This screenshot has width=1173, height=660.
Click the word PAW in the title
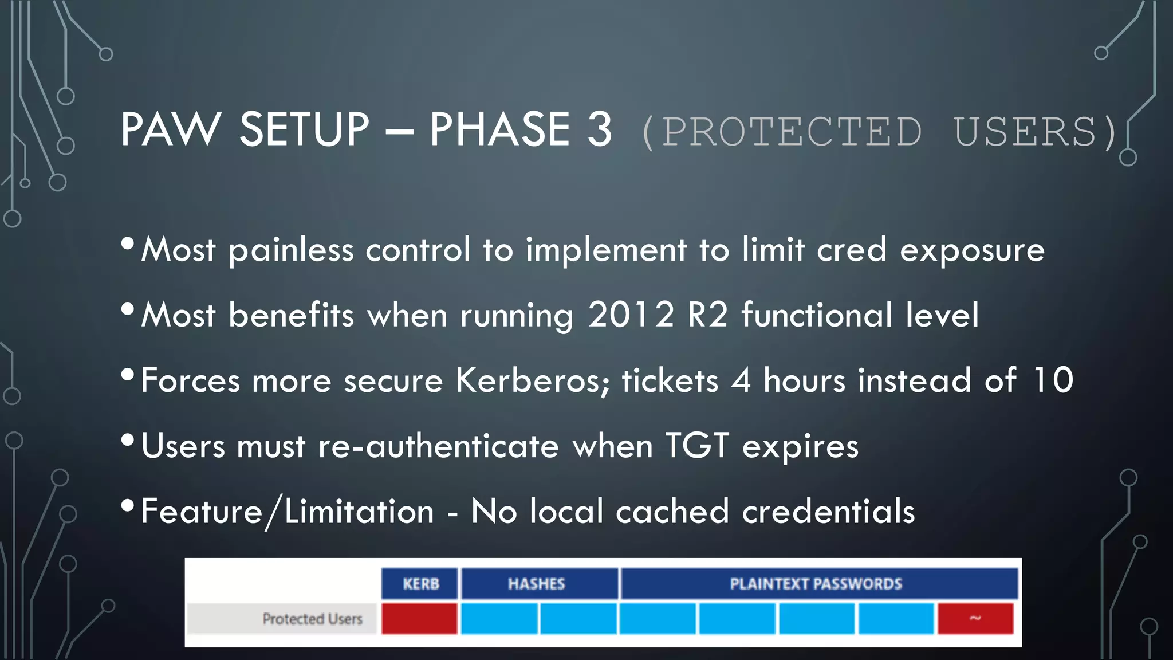pos(170,129)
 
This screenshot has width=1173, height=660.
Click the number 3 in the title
pos(599,129)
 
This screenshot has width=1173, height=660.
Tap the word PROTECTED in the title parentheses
pos(792,132)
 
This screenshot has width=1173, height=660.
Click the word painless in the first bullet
pos(291,250)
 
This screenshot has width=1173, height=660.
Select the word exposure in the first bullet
pos(972,250)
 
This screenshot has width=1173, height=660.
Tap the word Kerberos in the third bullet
pos(532,380)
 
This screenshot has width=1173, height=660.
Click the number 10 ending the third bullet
pos(1053,380)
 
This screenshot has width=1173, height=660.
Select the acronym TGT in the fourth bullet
pos(697,446)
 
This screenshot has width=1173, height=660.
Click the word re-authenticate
pos(438,446)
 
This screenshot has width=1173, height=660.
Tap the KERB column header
pos(420,584)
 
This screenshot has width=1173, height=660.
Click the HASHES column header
pos(537,584)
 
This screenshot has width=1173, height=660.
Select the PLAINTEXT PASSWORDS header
pos(816,584)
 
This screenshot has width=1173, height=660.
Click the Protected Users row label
pos(312,619)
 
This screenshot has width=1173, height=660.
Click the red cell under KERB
pos(419,619)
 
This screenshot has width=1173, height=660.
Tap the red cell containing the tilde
pos(975,619)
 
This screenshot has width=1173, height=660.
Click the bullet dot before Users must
pos(128,440)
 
